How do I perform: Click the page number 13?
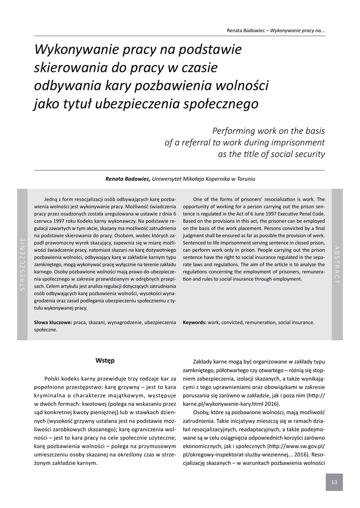[334, 482]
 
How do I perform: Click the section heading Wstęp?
[105, 360]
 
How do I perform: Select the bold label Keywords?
[195, 322]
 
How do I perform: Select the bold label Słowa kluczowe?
[53, 322]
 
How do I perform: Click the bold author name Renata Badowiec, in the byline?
[128, 179]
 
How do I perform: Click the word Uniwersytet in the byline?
[169, 179]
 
